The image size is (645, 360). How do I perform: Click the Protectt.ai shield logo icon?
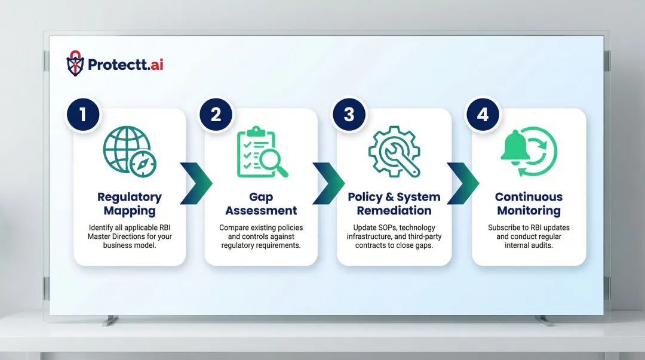(75, 63)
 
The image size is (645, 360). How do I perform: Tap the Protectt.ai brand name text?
(125, 64)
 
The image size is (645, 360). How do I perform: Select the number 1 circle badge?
(82, 113)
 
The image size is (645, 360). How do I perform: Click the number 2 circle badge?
(216, 113)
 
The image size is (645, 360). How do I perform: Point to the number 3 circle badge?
(349, 113)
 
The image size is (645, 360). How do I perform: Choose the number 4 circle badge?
(483, 113)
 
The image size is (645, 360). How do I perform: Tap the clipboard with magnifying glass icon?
(261, 152)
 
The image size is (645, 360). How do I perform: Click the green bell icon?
(515, 149)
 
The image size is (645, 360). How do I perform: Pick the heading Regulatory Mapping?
(130, 204)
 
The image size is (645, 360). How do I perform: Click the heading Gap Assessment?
(261, 204)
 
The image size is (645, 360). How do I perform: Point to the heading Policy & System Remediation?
(394, 204)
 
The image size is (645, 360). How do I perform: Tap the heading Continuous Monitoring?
(529, 204)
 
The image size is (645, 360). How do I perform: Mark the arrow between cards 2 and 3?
(328, 183)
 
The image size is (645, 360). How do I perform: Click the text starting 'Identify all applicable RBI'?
(130, 236)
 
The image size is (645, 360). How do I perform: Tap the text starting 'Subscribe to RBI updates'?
(529, 236)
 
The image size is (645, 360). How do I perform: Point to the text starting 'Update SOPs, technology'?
(394, 236)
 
